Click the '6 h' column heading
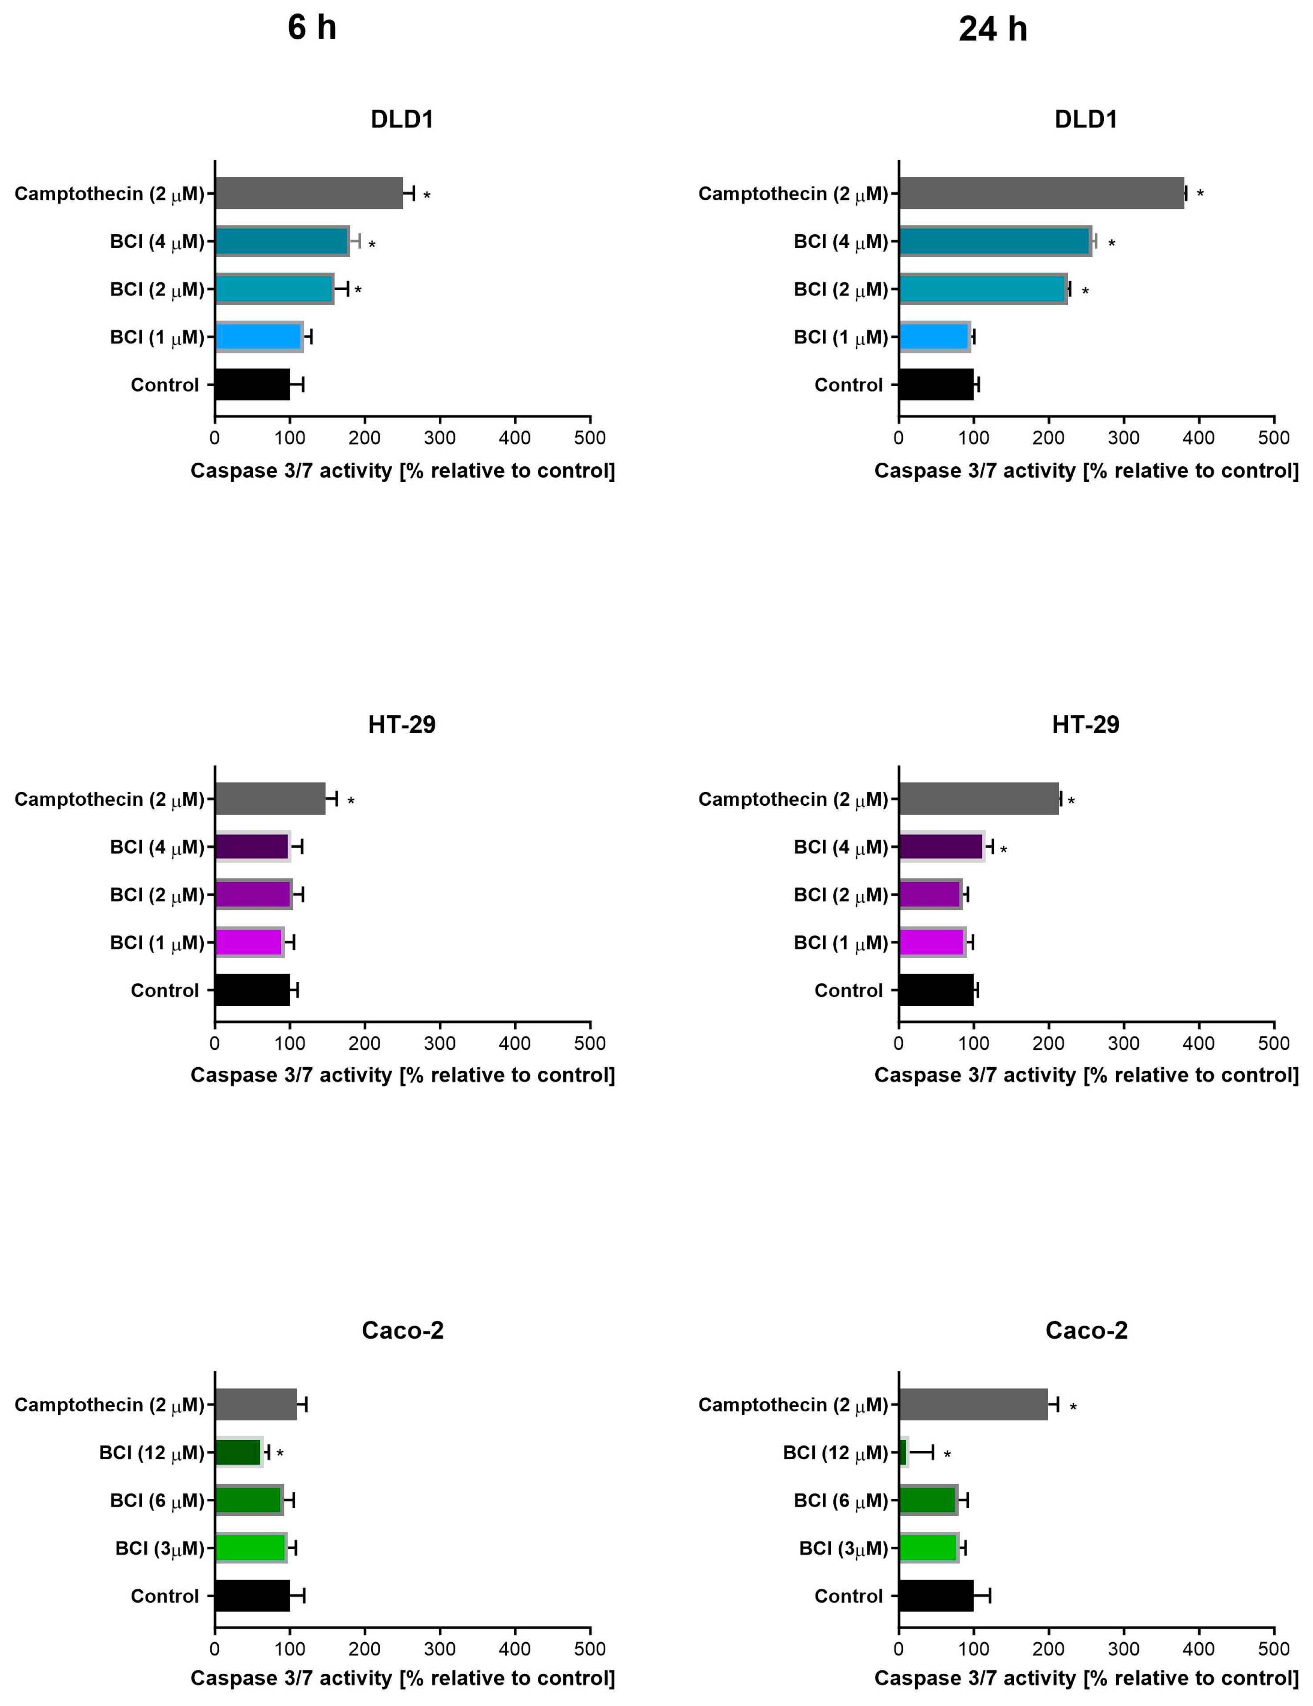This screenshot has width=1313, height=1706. [312, 28]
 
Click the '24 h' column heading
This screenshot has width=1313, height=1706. [993, 30]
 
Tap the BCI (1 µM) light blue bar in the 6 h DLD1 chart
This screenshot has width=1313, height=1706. [258, 337]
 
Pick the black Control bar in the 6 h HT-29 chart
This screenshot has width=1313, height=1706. [252, 990]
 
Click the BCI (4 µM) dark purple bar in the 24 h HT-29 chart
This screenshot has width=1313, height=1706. [941, 847]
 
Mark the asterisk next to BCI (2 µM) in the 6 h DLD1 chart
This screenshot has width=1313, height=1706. [358, 290]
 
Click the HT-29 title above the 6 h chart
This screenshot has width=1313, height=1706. [402, 725]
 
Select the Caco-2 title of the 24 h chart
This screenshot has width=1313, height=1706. [1086, 1330]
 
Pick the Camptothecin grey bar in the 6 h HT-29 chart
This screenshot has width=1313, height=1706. [270, 798]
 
